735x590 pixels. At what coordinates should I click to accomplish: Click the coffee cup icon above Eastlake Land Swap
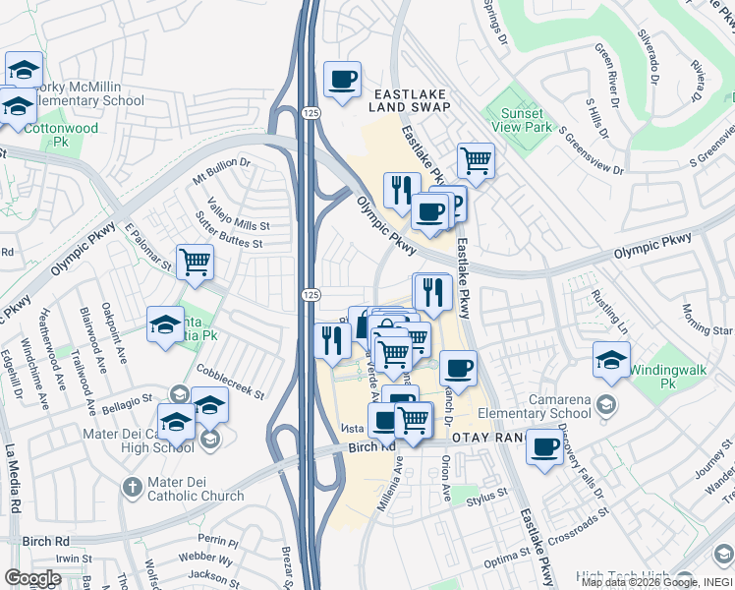point(342,79)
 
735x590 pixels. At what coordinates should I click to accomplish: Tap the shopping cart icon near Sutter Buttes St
point(195,262)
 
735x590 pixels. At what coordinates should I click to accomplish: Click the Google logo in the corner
point(31,578)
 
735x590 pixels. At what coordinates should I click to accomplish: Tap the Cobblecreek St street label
point(230,382)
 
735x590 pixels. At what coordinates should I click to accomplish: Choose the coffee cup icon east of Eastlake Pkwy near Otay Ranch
point(544,447)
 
